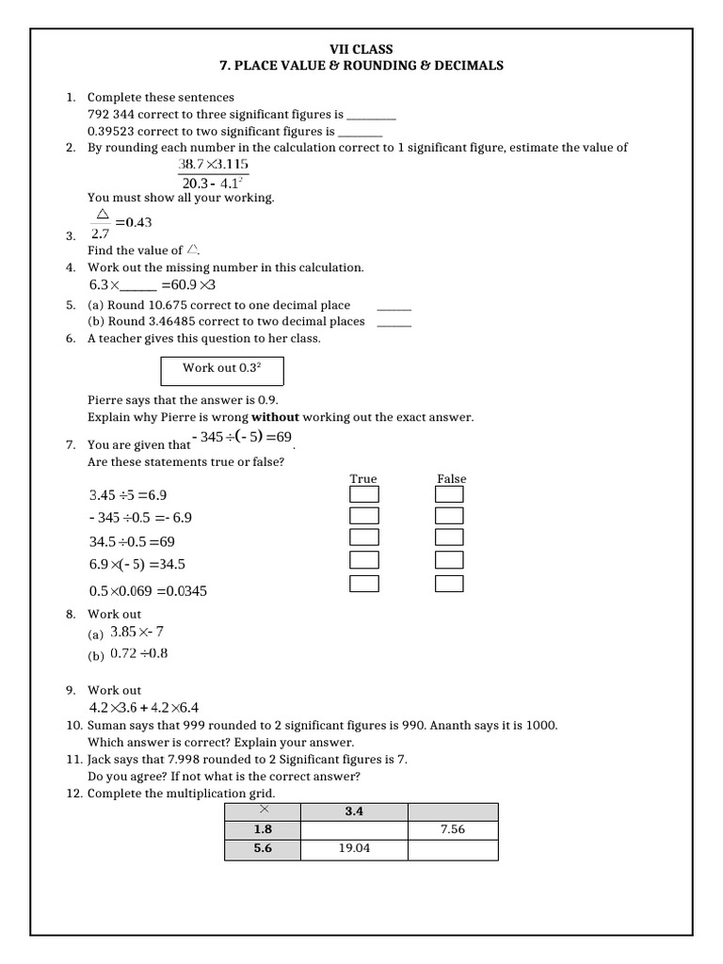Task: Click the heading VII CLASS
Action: coord(361,49)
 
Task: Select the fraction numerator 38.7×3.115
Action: coord(213,165)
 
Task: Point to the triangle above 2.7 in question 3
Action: coord(104,216)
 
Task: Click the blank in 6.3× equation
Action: coord(138,285)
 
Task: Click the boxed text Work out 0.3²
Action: coord(221,368)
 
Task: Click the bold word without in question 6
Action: coord(274,417)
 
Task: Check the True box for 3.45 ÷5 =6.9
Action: coord(364,494)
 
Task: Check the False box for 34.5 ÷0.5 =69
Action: coord(450,538)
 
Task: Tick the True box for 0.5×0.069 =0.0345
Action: coord(364,584)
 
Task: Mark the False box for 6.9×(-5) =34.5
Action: coord(450,560)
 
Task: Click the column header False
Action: coord(451,478)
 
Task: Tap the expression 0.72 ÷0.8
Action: coord(139,653)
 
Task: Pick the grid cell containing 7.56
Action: coord(452,829)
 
